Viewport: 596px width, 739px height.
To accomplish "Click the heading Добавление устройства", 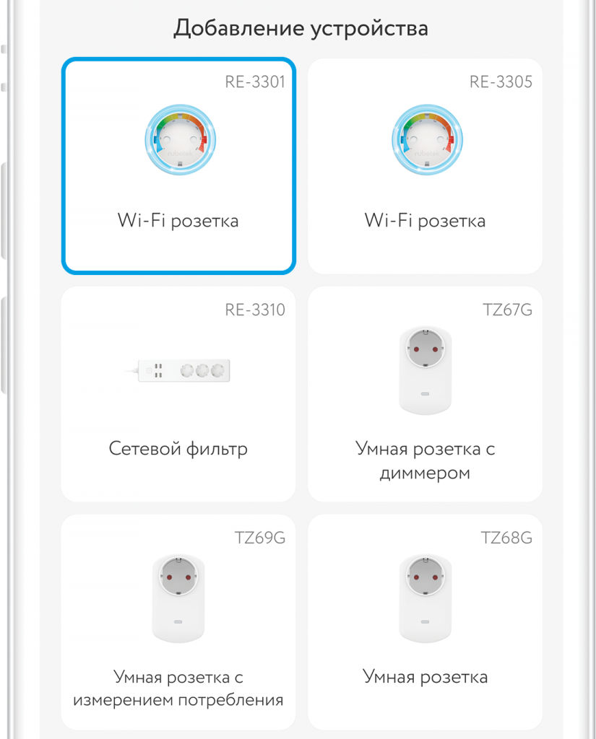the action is [301, 28].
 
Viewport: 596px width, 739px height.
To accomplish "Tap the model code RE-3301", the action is [255, 82].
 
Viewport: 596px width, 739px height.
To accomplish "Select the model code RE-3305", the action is [501, 82].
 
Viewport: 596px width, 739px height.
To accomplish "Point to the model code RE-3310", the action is [255, 310].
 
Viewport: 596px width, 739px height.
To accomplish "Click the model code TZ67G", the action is [507, 310].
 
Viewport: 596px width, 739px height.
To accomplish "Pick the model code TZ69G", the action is [260, 538].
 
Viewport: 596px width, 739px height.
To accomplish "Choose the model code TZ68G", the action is [506, 538].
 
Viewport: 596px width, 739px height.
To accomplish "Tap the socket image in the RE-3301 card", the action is [181, 139].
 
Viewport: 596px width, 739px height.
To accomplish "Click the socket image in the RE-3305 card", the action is [427, 139].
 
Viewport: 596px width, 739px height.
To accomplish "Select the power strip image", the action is [178, 370].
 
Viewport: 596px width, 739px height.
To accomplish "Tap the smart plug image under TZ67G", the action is [426, 370].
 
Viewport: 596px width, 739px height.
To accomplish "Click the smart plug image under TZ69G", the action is [178, 598].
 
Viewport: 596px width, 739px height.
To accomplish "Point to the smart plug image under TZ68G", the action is [426, 598].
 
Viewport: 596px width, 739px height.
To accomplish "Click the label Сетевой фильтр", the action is [178, 449].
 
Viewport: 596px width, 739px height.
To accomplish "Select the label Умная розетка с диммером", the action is [426, 460].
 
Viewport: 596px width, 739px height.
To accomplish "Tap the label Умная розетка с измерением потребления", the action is [178, 688].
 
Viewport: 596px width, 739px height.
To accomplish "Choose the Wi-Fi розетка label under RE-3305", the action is [426, 221].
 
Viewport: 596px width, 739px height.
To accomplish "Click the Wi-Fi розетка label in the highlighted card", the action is [178, 221].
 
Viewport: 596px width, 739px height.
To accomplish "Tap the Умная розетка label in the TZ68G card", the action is [426, 677].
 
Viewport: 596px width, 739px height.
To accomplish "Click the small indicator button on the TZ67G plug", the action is [426, 393].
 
